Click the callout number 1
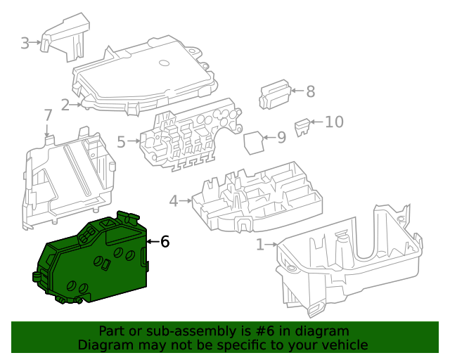click(x=260, y=245)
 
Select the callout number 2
click(x=65, y=105)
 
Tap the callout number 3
click(x=25, y=43)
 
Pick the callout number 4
click(x=174, y=201)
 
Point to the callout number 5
click(x=121, y=142)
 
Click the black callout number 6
click(x=165, y=242)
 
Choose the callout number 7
click(x=48, y=115)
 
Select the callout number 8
click(x=310, y=91)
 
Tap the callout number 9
click(x=281, y=137)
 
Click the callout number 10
click(x=334, y=122)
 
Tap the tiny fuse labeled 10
click(x=302, y=127)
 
